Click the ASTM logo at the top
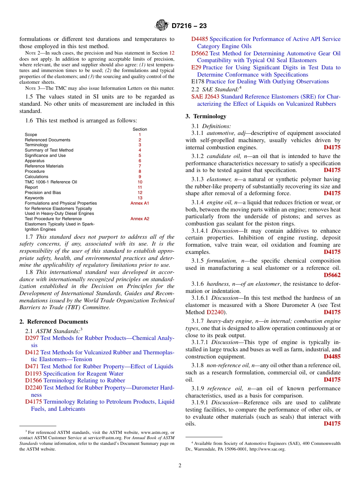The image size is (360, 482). pyautogui.click(x=162, y=26)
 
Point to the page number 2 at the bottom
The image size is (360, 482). pyautogui.click(x=180, y=466)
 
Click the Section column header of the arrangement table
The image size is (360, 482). pyautogui.click(x=139, y=129)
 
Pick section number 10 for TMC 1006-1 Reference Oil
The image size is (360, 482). pyautogui.click(x=139, y=182)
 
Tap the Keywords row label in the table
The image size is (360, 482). pyautogui.click(x=34, y=198)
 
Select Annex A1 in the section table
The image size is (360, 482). pyautogui.click(x=139, y=203)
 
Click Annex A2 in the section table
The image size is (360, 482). pyautogui.click(x=139, y=219)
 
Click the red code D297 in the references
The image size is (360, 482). pyautogui.click(x=32, y=338)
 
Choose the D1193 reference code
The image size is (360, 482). pyautogui.click(x=33, y=374)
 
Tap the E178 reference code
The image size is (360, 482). pyautogui.click(x=198, y=81)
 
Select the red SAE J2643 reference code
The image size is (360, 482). pyautogui.click(x=205, y=97)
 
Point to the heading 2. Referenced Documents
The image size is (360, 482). pyautogui.click(x=54, y=322)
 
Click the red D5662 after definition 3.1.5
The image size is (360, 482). pyautogui.click(x=332, y=275)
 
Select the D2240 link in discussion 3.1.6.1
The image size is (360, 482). pyautogui.click(x=215, y=312)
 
